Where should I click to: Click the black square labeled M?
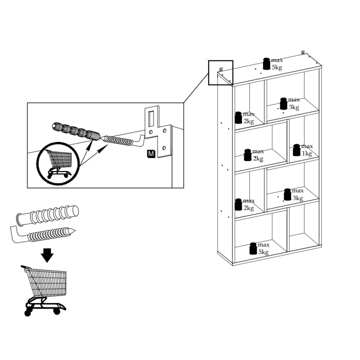point(151,153)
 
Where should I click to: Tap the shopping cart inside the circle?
point(59,163)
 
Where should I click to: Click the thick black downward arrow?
point(47,255)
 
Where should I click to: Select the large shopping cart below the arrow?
point(45,290)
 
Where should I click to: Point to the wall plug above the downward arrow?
point(47,215)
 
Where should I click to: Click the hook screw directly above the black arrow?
point(42,234)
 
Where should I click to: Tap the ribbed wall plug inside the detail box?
point(76,132)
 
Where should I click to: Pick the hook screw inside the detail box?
point(123,140)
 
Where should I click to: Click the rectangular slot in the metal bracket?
point(151,118)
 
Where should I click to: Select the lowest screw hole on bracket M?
point(164,148)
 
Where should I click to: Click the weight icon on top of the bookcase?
point(266,63)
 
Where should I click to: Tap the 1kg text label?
point(306,153)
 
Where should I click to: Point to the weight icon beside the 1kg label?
point(296,150)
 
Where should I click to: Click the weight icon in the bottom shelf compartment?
point(253,248)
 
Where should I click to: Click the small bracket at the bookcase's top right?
point(303,52)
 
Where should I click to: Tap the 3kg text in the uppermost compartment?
point(294,107)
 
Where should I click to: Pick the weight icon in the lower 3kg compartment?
point(287,194)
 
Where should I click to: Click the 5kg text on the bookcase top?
point(277,67)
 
